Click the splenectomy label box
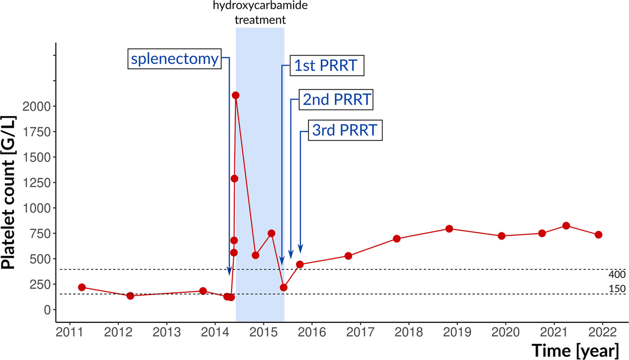pyautogui.click(x=174, y=59)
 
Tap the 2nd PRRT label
pyautogui.click(x=335, y=99)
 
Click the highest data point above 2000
pyautogui.click(x=236, y=95)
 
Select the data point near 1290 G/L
pyautogui.click(x=234, y=179)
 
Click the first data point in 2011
pyautogui.click(x=82, y=287)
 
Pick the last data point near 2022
pyautogui.click(x=599, y=235)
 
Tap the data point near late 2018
pyautogui.click(x=449, y=229)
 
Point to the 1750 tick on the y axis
pyautogui.click(x=37, y=132)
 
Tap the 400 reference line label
pyautogui.click(x=616, y=275)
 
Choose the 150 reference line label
pyautogui.click(x=616, y=289)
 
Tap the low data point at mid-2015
pyautogui.click(x=284, y=287)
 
